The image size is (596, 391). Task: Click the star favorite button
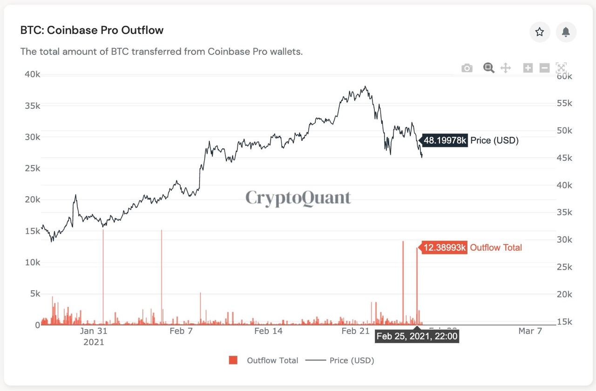[x=540, y=32]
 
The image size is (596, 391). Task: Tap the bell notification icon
[x=566, y=32]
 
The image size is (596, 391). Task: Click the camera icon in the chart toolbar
[x=467, y=68]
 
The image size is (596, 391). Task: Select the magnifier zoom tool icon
[x=488, y=68]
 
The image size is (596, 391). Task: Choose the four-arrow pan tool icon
[x=505, y=68]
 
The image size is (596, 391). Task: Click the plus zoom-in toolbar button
[x=528, y=68]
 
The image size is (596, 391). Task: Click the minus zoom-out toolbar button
[x=544, y=68]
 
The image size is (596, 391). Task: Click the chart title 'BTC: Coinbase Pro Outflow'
[x=92, y=30]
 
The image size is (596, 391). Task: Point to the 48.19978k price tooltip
[x=445, y=140]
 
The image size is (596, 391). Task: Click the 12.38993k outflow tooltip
[x=445, y=248]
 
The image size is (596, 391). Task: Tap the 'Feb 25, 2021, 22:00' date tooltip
[x=417, y=336]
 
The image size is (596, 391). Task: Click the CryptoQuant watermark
[x=298, y=198]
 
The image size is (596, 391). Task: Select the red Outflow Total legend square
[x=233, y=360]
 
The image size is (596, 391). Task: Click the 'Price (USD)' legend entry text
[x=352, y=360]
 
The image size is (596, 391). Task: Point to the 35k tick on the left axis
[x=33, y=106]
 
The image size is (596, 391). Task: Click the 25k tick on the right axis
[x=564, y=267]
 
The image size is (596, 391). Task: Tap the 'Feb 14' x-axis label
[x=268, y=331]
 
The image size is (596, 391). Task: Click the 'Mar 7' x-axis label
[x=530, y=331]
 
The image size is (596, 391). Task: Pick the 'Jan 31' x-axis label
[x=94, y=331]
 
